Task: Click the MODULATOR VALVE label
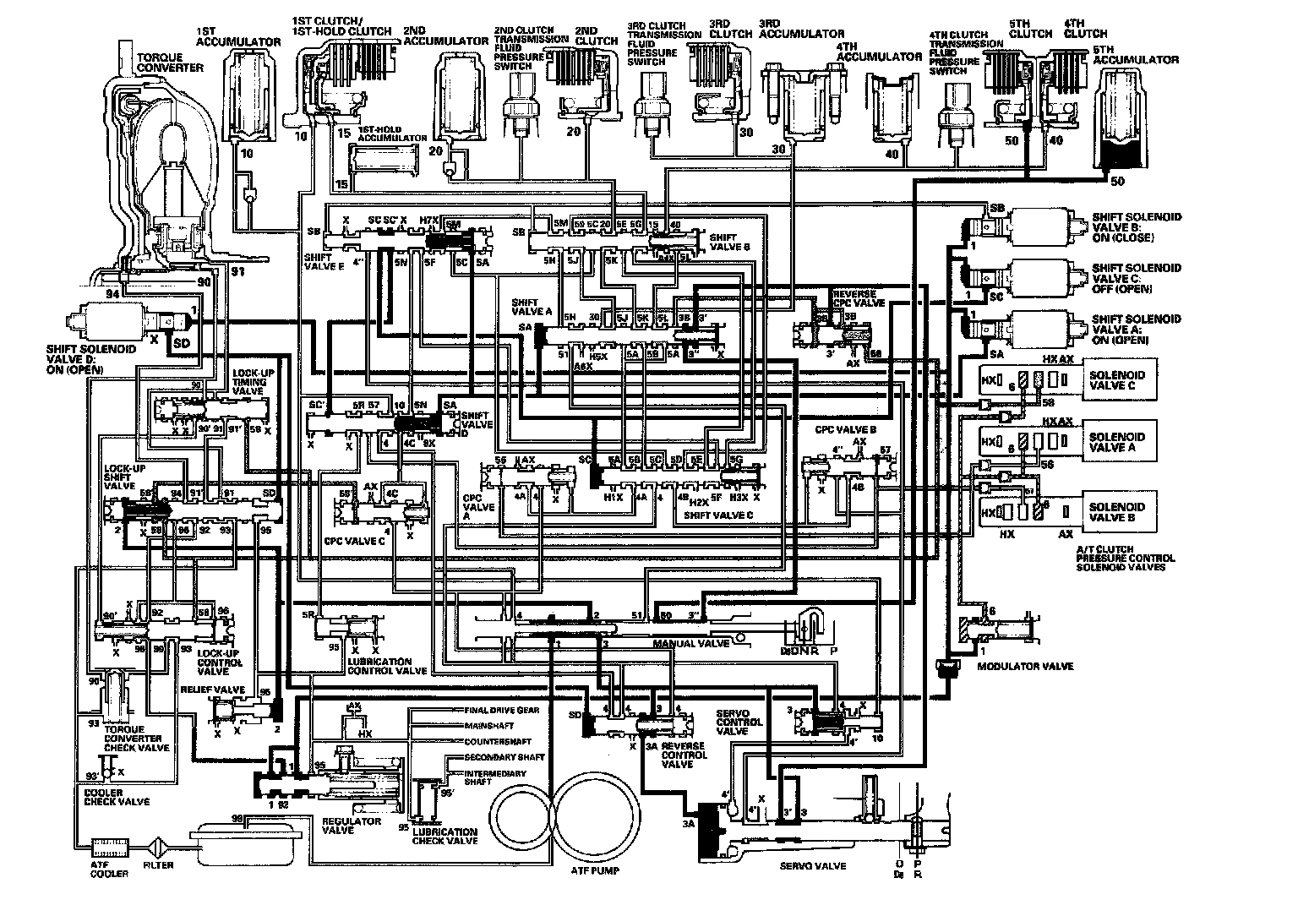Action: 1024,666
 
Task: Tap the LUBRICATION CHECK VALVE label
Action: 444,836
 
